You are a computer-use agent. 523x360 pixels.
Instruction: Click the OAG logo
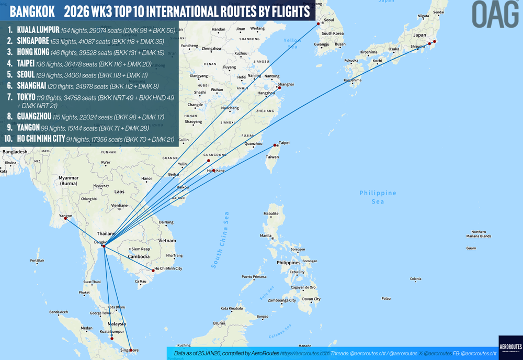click(x=495, y=14)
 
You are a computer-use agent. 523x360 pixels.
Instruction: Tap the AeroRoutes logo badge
click(x=510, y=347)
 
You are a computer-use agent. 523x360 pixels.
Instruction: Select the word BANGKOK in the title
click(x=32, y=11)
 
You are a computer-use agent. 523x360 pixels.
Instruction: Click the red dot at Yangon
click(x=65, y=219)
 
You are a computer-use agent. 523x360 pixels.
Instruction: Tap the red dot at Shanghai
click(x=279, y=88)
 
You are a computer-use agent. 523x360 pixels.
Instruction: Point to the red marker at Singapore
click(x=130, y=350)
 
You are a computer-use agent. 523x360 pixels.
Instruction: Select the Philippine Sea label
click(x=378, y=197)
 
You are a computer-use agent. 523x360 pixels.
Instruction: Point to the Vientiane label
click(x=120, y=205)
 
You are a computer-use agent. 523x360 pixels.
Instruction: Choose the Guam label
click(x=471, y=248)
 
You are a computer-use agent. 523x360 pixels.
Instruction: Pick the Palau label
click(x=386, y=298)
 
